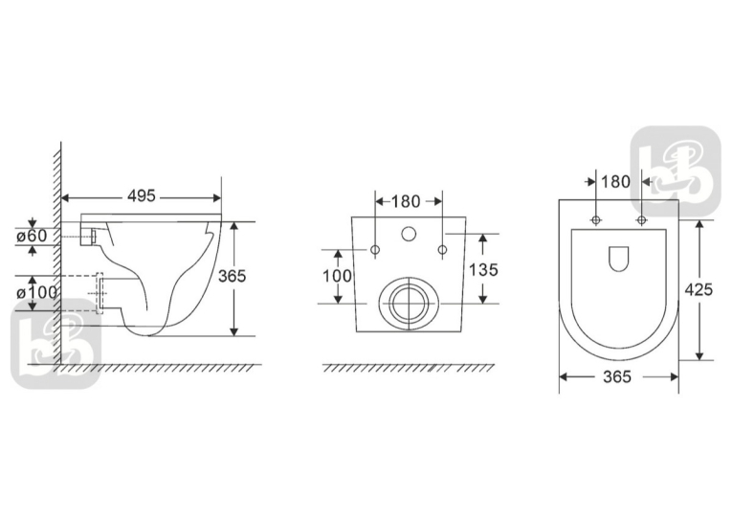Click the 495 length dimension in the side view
pos(142,195)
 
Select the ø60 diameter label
pos(32,236)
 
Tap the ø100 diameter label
pos(37,293)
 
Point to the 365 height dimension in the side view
pos(232,276)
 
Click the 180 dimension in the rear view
pos(406,201)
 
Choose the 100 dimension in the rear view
pos(338,276)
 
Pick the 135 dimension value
pos(483,270)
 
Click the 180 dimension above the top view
pos(616,181)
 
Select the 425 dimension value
pos(699,290)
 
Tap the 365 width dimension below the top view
pos(617,376)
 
